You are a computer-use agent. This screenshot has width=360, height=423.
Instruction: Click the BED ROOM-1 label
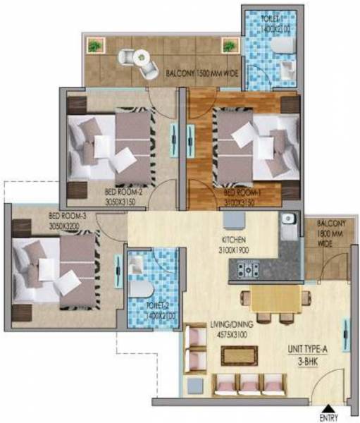pyautogui.click(x=242, y=191)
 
